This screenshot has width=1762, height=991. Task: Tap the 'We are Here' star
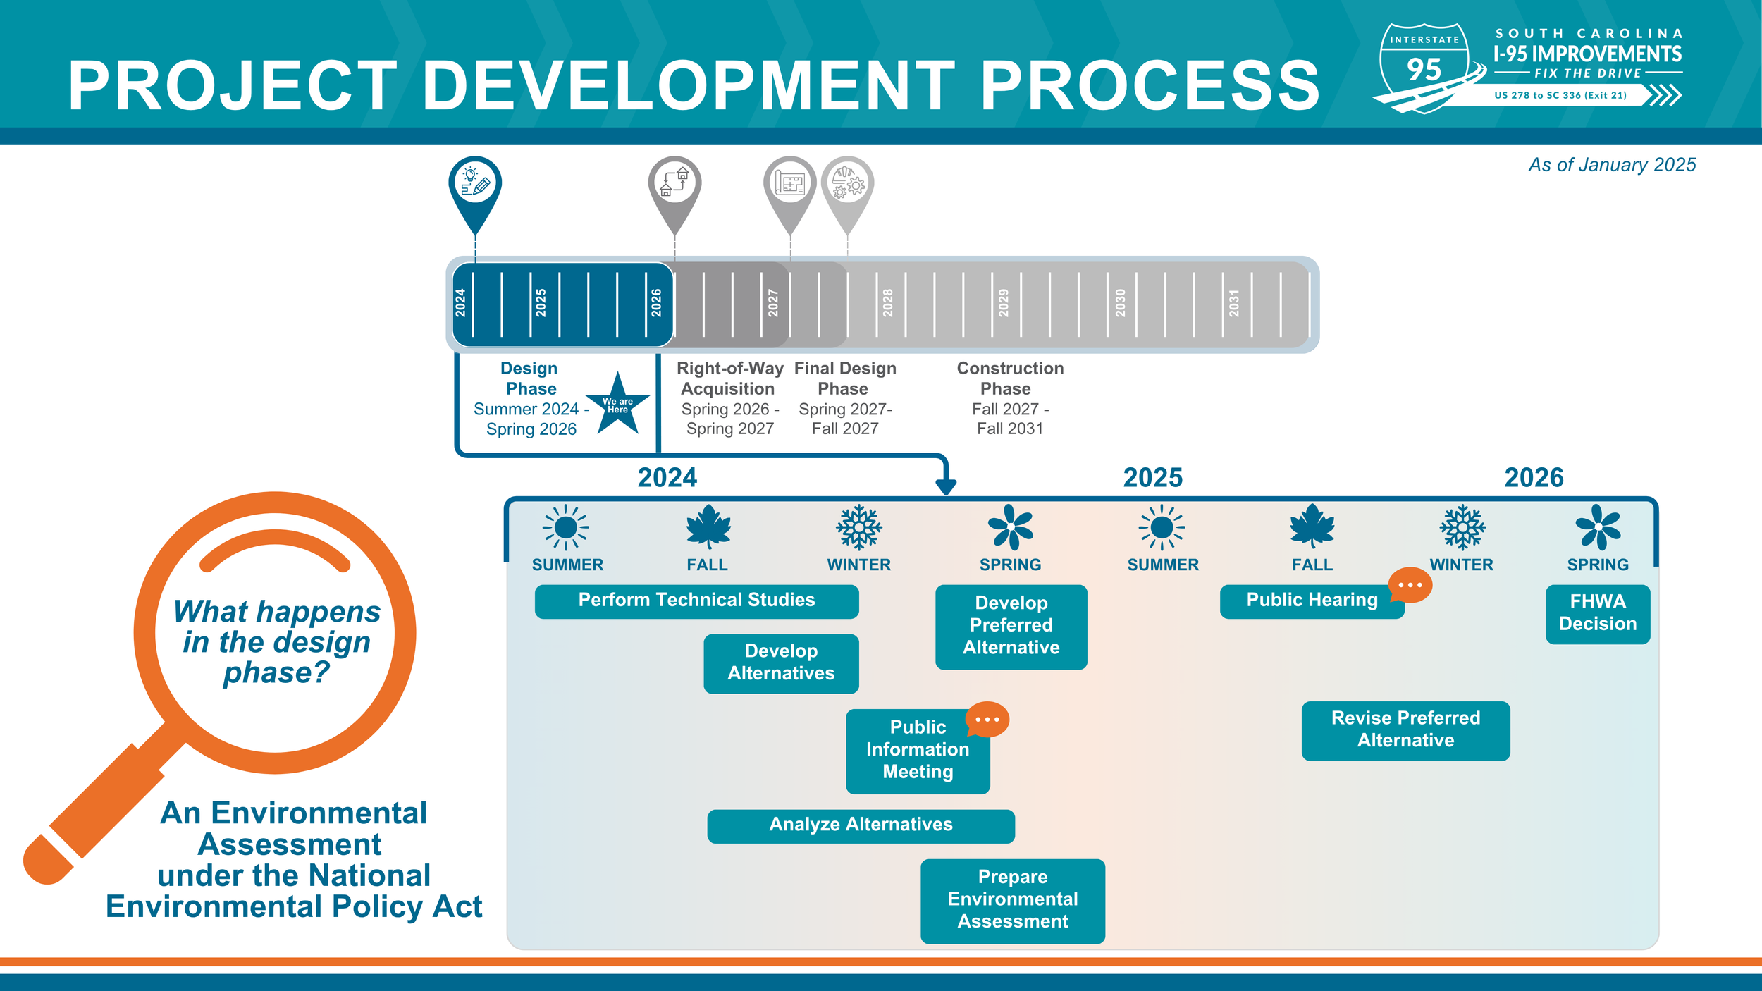[617, 405]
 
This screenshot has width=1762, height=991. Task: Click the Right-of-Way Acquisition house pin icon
[674, 184]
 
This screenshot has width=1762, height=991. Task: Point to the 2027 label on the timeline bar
[772, 303]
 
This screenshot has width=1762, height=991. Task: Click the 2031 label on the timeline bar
[1233, 303]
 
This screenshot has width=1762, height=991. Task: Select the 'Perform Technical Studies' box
[696, 601]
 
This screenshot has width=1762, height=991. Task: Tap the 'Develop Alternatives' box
[781, 663]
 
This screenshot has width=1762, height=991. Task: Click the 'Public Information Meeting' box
[917, 751]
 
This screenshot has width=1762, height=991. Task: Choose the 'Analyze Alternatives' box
[861, 825]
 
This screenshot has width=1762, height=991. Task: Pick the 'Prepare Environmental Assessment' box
[1012, 900]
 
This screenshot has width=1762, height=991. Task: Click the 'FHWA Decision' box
[1597, 613]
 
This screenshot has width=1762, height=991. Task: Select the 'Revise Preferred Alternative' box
[1405, 730]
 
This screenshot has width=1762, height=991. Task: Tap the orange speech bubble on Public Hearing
[1410, 585]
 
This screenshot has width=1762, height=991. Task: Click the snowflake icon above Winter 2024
[858, 527]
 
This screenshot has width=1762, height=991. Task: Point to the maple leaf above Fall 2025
[1312, 527]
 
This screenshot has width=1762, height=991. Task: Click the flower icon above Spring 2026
[1598, 527]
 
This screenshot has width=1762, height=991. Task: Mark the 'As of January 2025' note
[1612, 165]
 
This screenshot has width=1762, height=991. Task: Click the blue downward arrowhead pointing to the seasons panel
[945, 486]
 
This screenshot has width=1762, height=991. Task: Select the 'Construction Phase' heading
[1009, 378]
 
